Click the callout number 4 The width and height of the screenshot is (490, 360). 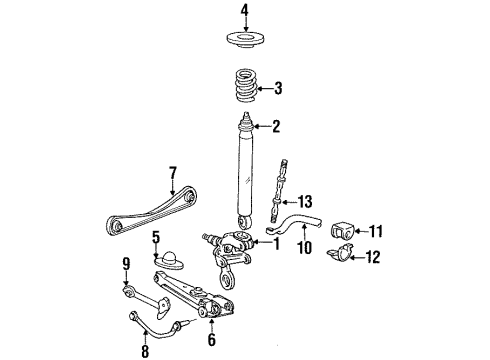245,11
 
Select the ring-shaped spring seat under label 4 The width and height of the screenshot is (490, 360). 245,40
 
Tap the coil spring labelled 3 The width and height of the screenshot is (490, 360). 245,86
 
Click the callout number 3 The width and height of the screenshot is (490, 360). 277,89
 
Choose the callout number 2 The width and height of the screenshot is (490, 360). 276,127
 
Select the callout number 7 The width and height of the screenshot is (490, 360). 172,173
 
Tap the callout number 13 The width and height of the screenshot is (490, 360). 304,202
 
